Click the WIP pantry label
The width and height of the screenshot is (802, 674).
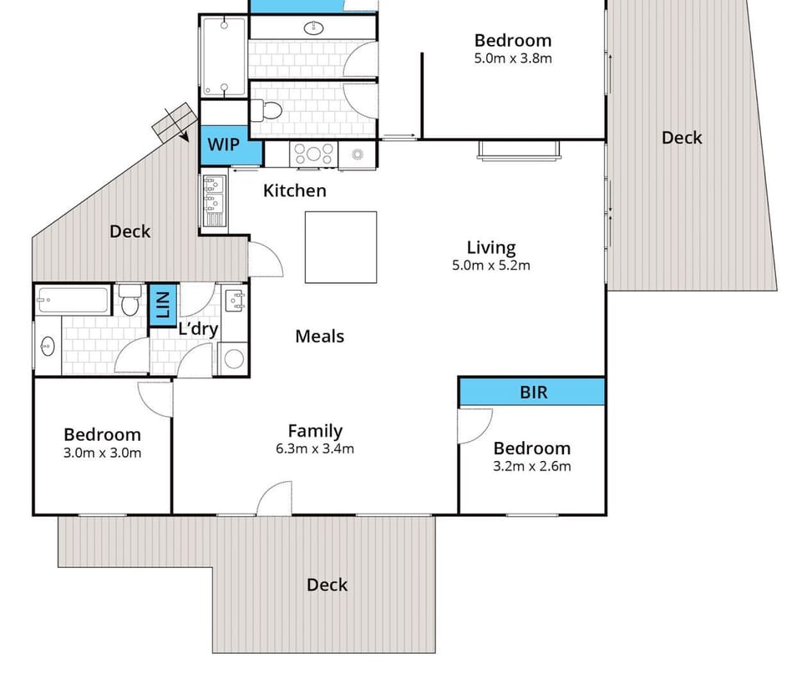click(223, 144)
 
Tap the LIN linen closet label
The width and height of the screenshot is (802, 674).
click(162, 305)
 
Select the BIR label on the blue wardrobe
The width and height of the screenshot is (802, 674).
click(534, 391)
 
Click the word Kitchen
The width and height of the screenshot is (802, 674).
click(295, 190)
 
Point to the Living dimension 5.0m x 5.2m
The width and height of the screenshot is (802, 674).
click(491, 266)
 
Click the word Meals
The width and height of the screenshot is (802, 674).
click(320, 336)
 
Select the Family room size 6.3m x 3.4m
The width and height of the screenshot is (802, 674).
click(315, 449)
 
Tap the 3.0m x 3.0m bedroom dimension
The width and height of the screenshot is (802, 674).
click(103, 454)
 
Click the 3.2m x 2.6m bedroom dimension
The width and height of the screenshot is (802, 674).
click(532, 467)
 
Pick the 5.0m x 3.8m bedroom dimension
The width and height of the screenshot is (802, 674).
click(513, 58)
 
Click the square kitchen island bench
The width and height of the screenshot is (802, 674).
click(340, 247)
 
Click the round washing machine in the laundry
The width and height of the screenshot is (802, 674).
click(235, 358)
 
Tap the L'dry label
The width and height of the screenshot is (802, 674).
click(198, 328)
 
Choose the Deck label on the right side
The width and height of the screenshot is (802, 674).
click(682, 138)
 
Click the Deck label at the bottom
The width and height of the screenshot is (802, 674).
click(327, 585)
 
